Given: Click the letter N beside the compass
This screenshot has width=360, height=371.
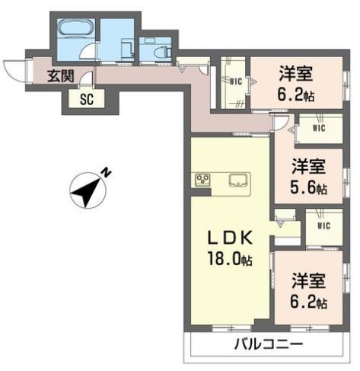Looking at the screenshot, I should (107, 173).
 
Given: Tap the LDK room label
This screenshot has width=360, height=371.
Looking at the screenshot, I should (228, 237).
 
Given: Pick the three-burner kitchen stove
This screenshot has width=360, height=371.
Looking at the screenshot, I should (203, 180).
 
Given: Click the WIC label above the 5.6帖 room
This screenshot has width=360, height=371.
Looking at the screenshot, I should (319, 128).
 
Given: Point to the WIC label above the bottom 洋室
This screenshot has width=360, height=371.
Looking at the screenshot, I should (324, 225).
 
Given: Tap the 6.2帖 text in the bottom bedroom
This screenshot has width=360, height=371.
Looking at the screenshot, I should (308, 302).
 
